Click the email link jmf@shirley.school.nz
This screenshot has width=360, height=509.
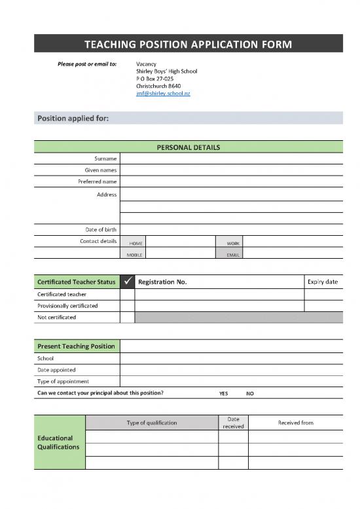(162, 94)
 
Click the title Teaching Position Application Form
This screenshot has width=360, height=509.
(189, 45)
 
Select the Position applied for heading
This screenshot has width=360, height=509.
(73, 119)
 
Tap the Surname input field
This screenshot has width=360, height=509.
(231, 159)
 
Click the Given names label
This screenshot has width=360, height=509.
(101, 170)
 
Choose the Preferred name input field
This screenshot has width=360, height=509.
(231, 181)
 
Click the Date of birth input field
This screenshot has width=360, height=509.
(231, 229)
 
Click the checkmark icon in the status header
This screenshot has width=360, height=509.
(128, 282)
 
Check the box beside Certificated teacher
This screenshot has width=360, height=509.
(128, 294)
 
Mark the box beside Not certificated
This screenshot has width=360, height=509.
(128, 317)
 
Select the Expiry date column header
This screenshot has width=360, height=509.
(322, 282)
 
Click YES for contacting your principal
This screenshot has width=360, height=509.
(224, 394)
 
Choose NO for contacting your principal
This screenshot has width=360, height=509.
(249, 394)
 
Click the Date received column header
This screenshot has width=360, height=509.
(233, 423)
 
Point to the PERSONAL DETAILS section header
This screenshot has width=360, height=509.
(189, 147)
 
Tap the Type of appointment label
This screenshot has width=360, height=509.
(63, 381)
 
